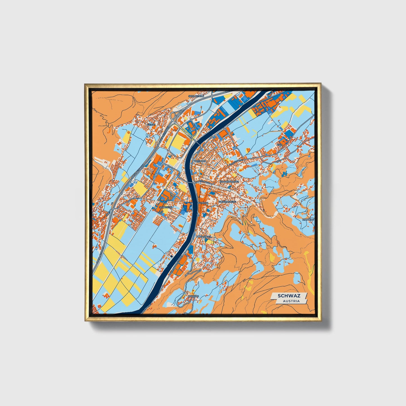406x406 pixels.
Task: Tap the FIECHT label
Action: (x=151, y=124)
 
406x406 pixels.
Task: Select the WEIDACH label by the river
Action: (x=200, y=161)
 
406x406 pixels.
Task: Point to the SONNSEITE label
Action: (x=165, y=207)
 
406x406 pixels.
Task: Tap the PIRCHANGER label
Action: (x=204, y=237)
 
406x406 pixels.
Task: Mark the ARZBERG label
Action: (x=193, y=296)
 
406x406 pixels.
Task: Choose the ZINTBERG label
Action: (x=308, y=219)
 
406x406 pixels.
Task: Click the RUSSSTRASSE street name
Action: (x=236, y=162)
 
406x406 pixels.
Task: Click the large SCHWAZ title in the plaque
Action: (x=289, y=296)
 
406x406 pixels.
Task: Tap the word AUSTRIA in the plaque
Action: (x=291, y=301)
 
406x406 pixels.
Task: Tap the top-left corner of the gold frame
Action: (x=85, y=84)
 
